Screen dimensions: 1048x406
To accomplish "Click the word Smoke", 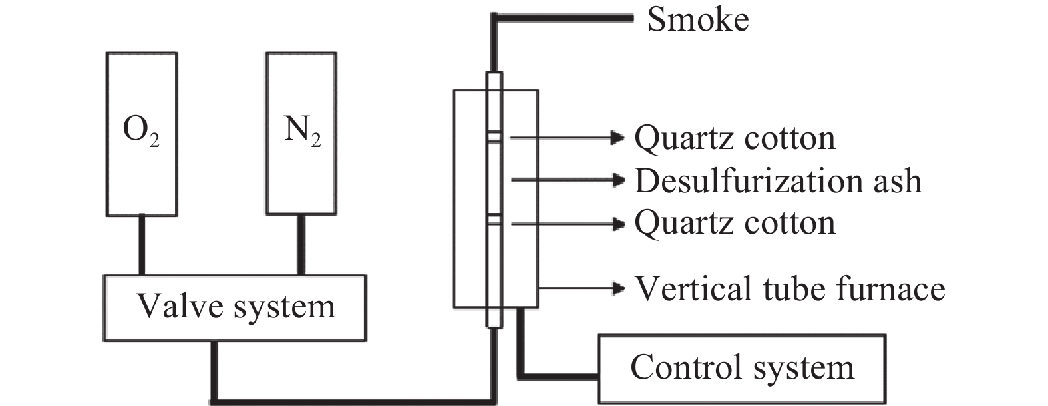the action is click(698, 20).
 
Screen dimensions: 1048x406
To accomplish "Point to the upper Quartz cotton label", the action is click(735, 138).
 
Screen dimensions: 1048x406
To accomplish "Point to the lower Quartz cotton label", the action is click(735, 223).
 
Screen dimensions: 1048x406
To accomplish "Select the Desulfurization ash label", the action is click(778, 180).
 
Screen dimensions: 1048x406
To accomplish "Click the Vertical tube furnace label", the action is click(790, 289).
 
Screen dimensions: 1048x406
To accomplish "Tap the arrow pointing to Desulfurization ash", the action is click(568, 180).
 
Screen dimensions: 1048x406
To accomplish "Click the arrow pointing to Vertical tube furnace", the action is click(582, 288).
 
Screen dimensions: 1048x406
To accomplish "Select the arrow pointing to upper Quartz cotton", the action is click(568, 138).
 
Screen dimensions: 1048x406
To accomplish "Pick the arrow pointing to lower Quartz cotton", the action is click(568, 224).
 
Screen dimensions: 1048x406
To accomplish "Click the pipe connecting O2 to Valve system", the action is click(142, 245).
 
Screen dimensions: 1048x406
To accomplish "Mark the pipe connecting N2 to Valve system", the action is click(301, 245).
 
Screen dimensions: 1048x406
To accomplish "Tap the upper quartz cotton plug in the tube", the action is click(494, 137).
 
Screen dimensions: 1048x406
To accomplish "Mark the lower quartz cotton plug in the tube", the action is click(494, 220).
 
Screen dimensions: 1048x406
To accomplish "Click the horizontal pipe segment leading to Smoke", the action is click(562, 18).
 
